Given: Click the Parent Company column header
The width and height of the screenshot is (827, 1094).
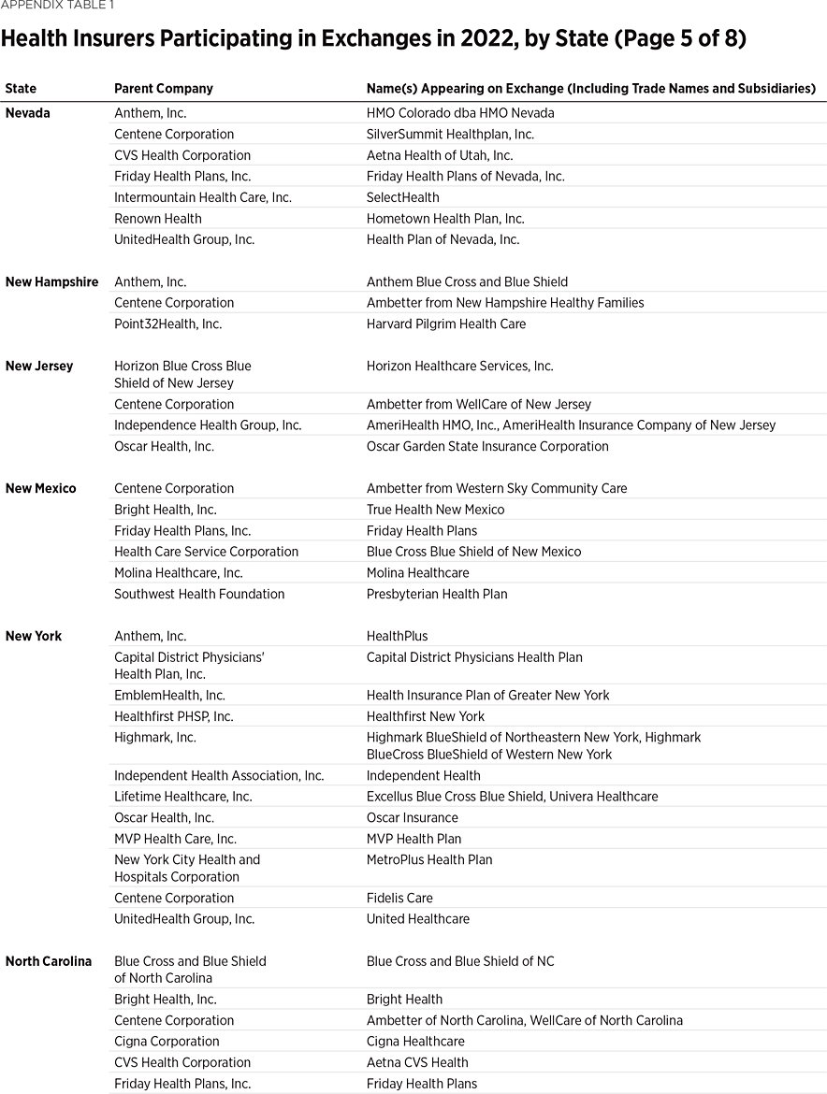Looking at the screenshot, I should point(164,89).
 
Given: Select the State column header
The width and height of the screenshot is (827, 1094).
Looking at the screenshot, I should point(21,89).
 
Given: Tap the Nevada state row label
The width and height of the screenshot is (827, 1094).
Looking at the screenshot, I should point(28,113).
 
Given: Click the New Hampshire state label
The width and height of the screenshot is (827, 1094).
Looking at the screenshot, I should point(51,282).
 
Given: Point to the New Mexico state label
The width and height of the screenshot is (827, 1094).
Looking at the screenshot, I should point(41,489).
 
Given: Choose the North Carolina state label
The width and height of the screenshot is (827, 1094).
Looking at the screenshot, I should point(49,961).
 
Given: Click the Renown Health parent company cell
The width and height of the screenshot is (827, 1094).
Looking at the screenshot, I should point(158,219).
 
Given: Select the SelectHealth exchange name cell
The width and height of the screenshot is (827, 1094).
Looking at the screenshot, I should point(403,197).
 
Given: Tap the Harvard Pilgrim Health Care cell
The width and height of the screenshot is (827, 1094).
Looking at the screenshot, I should point(446,324).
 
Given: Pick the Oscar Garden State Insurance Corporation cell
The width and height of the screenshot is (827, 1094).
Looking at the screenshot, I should point(487,447).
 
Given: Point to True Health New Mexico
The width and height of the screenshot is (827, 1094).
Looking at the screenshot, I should point(435,510).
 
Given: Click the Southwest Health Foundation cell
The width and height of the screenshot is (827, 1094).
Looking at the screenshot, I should point(199,595).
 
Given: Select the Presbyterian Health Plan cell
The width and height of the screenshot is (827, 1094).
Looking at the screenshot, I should point(437,595).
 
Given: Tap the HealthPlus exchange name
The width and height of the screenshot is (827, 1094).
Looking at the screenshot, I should point(398,637).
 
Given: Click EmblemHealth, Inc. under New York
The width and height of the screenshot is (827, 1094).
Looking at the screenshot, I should point(169,696).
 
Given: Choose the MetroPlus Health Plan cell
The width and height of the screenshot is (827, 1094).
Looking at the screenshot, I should point(429,860).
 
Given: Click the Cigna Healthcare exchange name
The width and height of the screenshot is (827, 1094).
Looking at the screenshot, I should point(415,1042).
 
